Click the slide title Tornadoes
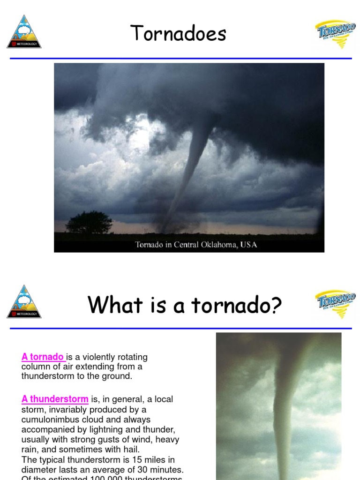(178, 34)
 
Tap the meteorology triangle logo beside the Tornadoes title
(24, 32)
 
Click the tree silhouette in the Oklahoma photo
(89, 222)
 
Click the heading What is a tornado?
(185, 306)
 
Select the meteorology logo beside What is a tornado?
(24, 302)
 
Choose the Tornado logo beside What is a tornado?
(335, 303)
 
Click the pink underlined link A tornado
(43, 357)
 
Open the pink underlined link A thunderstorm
(55, 399)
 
